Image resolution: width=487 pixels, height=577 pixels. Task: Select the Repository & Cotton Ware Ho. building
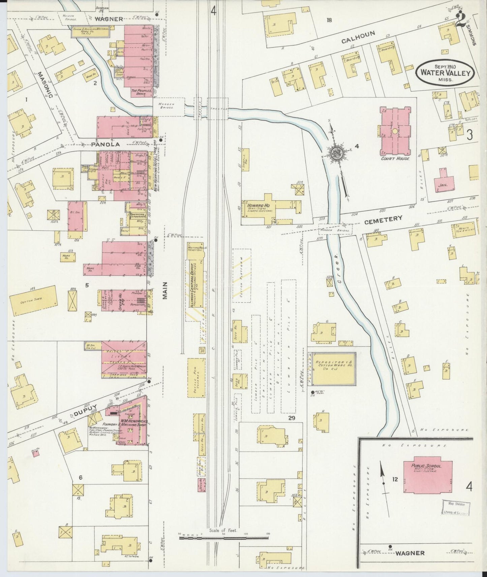click(333, 369)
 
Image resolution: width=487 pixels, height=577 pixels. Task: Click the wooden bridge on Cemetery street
click(335, 230)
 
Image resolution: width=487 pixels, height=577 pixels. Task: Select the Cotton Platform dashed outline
click(241, 275)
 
